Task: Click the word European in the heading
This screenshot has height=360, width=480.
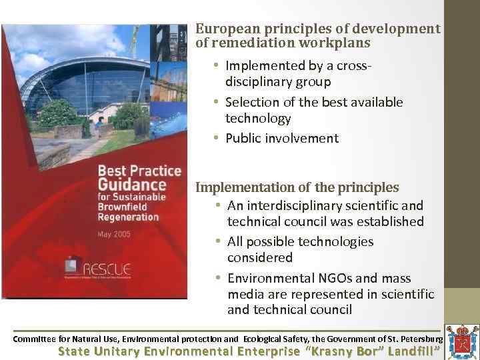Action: (223, 29)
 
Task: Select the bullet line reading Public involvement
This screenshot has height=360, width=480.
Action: (281, 139)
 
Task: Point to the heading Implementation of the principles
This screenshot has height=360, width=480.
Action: (297, 187)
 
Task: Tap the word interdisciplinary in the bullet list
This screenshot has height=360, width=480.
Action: (295, 206)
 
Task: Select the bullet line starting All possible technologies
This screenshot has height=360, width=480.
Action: (300, 241)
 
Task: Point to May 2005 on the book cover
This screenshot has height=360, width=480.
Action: (115, 235)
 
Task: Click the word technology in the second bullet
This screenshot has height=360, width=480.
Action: (258, 119)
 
